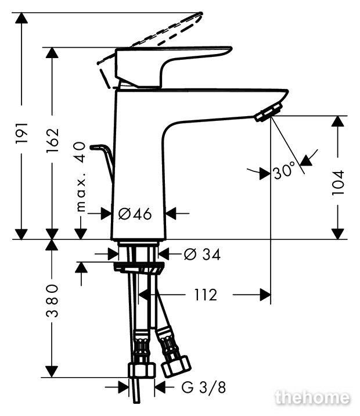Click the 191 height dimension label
(21, 132)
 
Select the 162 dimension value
(52, 141)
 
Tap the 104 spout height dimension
(338, 183)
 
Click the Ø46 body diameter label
(135, 214)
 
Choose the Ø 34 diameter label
(202, 254)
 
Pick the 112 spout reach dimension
(206, 295)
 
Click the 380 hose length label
(52, 300)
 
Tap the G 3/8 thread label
(204, 388)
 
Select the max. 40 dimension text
(81, 177)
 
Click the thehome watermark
(312, 397)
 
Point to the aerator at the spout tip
(268, 112)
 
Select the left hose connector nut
(142, 370)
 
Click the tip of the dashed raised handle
(201, 13)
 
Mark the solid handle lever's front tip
(231, 49)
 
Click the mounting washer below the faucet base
(139, 266)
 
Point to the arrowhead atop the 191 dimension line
(21, 18)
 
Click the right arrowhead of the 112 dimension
(265, 295)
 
